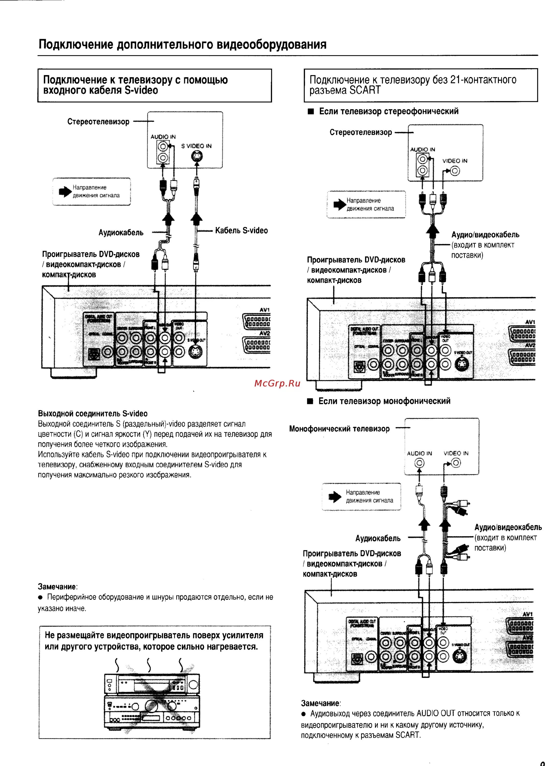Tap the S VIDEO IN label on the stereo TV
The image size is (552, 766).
click(x=196, y=146)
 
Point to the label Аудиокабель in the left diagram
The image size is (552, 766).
click(x=121, y=232)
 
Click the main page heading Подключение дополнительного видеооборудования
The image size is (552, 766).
click(x=182, y=44)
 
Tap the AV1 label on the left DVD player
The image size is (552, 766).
click(x=265, y=310)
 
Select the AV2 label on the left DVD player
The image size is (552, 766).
click(x=265, y=333)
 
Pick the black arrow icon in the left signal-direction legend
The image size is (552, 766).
click(x=65, y=192)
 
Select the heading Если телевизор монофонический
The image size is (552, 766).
click(x=384, y=401)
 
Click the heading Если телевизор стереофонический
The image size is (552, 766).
click(x=389, y=111)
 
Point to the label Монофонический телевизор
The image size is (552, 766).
click(x=339, y=429)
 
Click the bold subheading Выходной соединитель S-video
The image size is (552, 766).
click(x=92, y=413)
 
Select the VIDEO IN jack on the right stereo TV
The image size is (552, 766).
click(x=455, y=171)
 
